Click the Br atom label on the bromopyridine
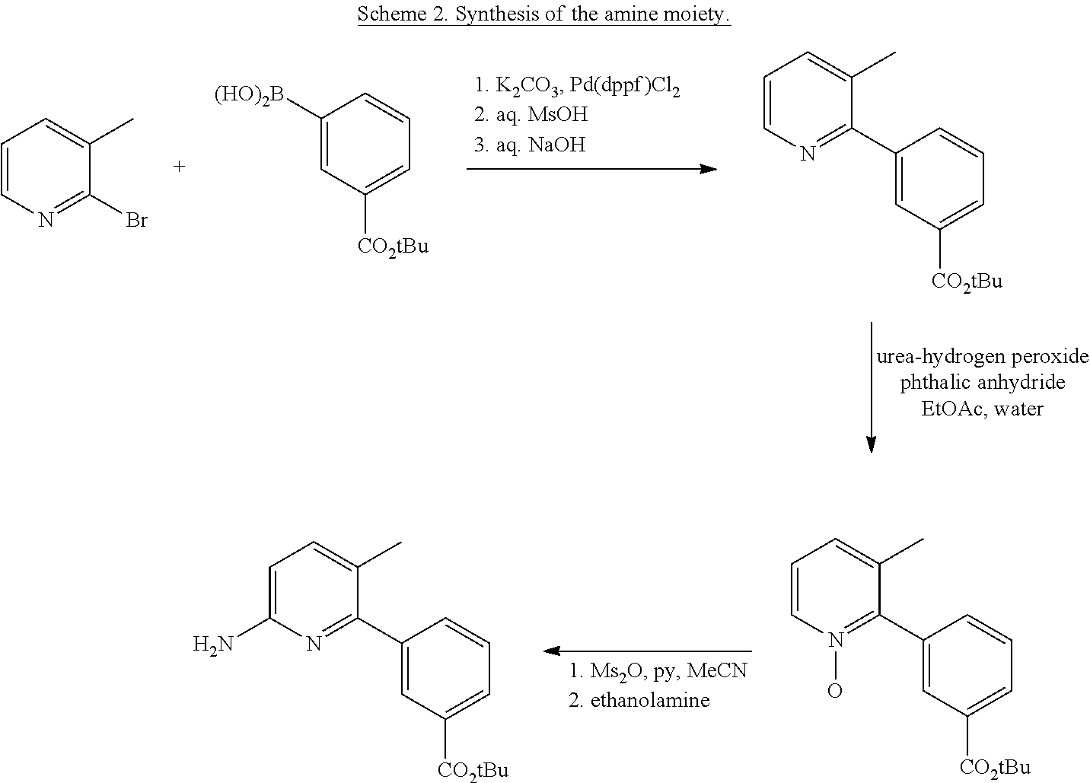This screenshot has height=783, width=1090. tap(137, 221)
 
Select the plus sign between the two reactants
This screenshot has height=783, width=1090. tap(179, 167)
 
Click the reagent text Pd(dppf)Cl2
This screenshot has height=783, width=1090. tap(625, 86)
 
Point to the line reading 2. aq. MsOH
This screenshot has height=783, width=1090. tap(531, 115)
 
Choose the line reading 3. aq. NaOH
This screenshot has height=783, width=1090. tap(530, 145)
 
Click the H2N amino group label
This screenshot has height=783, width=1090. tap(213, 645)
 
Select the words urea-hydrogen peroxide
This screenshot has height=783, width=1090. tap(983, 357)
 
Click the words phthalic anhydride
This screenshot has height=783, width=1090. tap(983, 383)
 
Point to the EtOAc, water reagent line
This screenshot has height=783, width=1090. tap(983, 409)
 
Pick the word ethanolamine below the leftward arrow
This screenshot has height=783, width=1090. tap(650, 700)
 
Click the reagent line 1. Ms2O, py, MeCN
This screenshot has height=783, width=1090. tap(658, 671)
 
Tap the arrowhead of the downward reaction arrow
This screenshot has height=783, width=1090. tap(871, 444)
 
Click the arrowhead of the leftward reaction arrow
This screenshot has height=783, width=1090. tap(552, 651)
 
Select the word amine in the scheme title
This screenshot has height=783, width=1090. tap(631, 14)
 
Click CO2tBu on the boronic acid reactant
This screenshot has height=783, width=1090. tap(394, 247)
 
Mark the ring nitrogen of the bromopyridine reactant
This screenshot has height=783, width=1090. tap(46, 221)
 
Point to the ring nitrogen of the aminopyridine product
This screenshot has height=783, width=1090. tap(314, 645)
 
